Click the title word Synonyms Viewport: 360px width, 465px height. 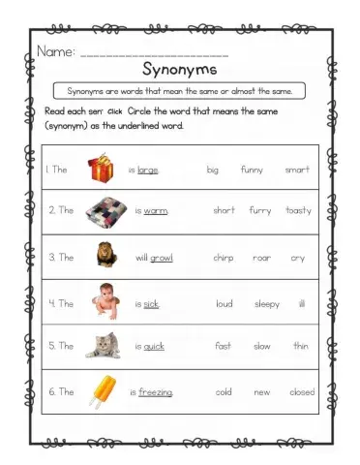coord(179,70)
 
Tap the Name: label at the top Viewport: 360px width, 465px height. coord(55,50)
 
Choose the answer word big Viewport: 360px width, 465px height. coord(212,170)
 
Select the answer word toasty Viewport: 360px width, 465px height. coord(298,210)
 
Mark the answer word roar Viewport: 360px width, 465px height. coord(261,258)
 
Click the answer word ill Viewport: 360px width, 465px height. coord(302,303)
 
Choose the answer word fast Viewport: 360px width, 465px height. coord(223,346)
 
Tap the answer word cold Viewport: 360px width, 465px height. coord(224,392)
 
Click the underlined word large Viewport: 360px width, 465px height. coord(148,170)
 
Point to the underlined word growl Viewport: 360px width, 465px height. coord(162,258)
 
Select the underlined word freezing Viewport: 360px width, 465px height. coord(156,392)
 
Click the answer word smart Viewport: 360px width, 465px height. coord(297,170)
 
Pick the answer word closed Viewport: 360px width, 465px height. coord(302,392)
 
